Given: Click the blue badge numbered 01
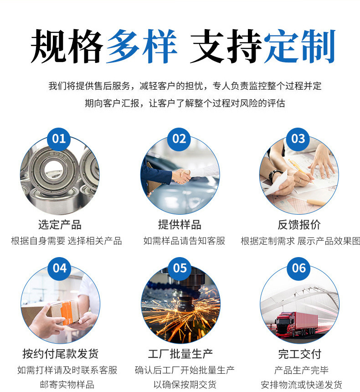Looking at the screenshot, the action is pyautogui.click(x=59, y=139).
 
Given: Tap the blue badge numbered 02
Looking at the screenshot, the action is pyautogui.click(x=179, y=139).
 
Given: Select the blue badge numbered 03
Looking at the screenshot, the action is pyautogui.click(x=298, y=139).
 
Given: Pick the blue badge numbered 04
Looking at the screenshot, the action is pyautogui.click(x=60, y=269).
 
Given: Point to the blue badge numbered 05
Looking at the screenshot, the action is pyautogui.click(x=180, y=269).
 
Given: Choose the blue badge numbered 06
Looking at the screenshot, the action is pyautogui.click(x=299, y=269).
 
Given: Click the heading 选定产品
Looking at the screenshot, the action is pyautogui.click(x=60, y=225).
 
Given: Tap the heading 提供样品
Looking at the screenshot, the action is pyautogui.click(x=180, y=225).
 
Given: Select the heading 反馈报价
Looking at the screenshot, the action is pyautogui.click(x=299, y=225).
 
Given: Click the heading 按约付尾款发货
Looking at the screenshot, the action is pyautogui.click(x=61, y=354).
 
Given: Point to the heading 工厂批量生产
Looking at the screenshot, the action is pyautogui.click(x=180, y=354).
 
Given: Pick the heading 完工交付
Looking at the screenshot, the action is pyautogui.click(x=300, y=354).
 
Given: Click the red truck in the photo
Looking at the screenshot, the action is pyautogui.click(x=296, y=324).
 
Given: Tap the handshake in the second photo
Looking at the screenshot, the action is pyautogui.click(x=182, y=176).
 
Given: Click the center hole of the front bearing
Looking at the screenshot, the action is pyautogui.click(x=53, y=171).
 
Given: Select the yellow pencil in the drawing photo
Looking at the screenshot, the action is pyautogui.click(x=301, y=171).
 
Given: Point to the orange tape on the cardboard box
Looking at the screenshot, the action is pyautogui.click(x=68, y=313).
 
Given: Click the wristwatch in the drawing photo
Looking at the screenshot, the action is pyautogui.click(x=275, y=176).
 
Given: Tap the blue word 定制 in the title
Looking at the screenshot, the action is pyautogui.click(x=299, y=46).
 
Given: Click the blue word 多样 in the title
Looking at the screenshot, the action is pyautogui.click(x=142, y=46).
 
